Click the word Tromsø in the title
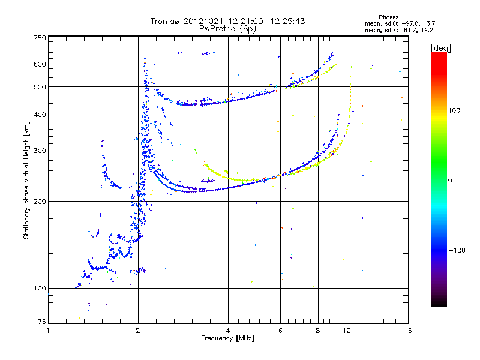(165, 21)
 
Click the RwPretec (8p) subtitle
(228, 28)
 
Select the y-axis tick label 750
(40, 38)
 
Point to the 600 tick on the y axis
(40, 64)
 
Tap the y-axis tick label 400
(40, 115)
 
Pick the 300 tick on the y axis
(40, 151)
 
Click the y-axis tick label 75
(42, 323)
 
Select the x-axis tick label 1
(48, 331)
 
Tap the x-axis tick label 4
(228, 331)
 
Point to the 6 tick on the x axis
(281, 331)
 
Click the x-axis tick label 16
(407, 331)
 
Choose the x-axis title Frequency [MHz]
(228, 339)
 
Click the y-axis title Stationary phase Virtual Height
(26, 180)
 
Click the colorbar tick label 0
(451, 180)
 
